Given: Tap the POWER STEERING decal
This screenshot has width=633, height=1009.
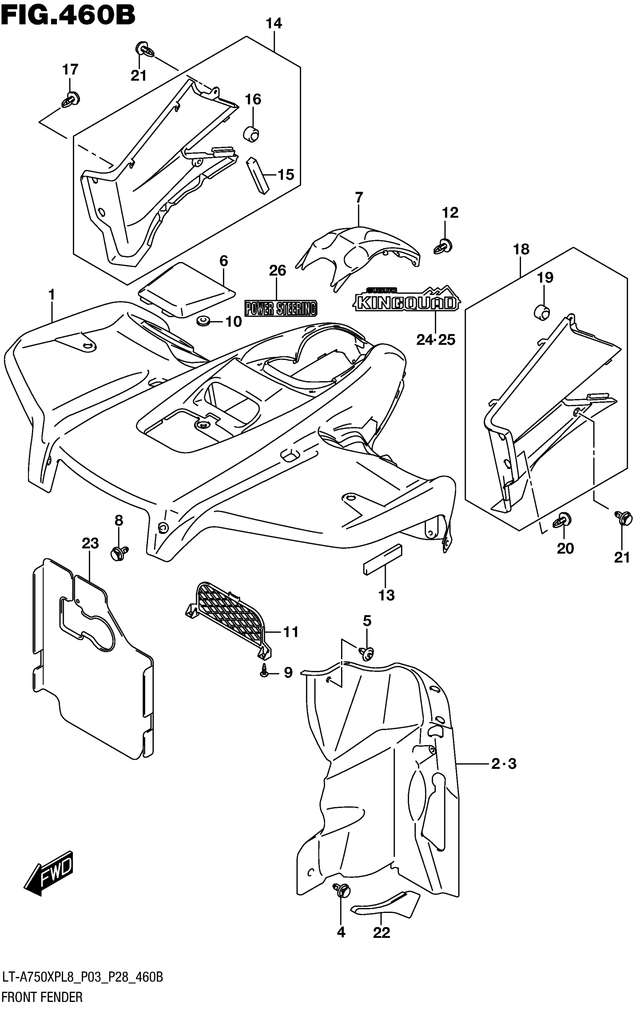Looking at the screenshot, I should [x=281, y=308].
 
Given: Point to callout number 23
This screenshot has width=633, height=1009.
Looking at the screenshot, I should [x=90, y=543].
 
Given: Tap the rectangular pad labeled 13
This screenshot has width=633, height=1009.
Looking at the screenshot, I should [x=383, y=559].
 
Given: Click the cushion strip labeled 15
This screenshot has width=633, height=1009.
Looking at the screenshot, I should [x=257, y=175].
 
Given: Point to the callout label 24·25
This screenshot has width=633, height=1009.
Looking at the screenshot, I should [x=435, y=339].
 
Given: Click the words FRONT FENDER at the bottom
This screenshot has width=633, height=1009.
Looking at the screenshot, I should [x=42, y=997].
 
